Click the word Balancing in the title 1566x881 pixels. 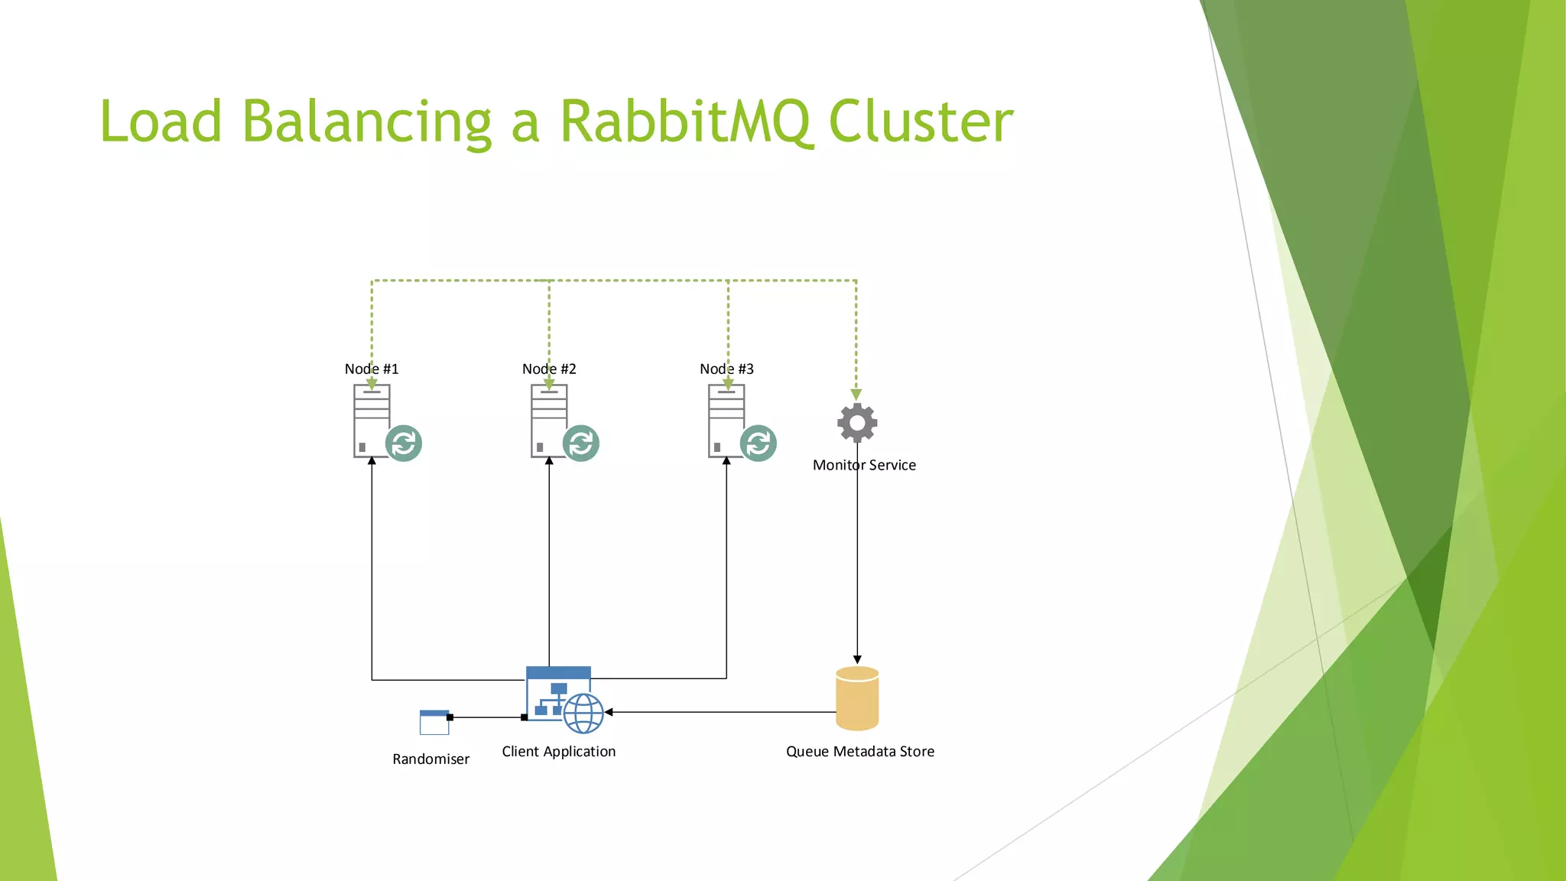367,122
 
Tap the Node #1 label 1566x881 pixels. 372,369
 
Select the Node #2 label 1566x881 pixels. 549,369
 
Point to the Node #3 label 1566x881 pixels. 726,369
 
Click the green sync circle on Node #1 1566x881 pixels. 404,444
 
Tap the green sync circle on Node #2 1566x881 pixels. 581,444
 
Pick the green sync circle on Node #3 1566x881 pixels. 759,444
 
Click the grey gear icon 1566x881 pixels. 857,422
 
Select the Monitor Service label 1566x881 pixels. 864,465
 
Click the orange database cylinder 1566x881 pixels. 857,698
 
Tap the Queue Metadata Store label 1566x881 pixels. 860,751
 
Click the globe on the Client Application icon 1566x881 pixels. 583,714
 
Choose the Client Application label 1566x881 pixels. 558,751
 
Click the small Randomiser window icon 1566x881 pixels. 434,722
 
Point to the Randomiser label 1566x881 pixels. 430,759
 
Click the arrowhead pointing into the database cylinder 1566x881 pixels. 857,659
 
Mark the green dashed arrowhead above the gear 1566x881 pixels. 856,394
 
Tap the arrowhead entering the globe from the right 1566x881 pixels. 609,712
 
